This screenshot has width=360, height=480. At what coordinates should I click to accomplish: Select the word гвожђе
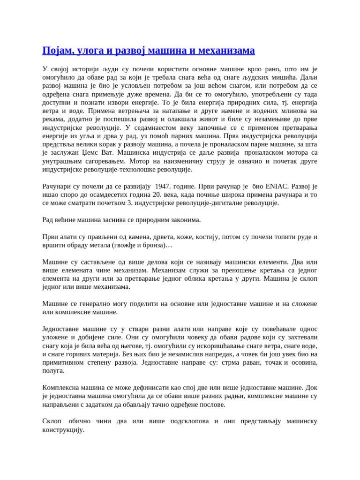coord(127,245)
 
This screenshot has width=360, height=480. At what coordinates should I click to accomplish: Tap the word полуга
coord(53,371)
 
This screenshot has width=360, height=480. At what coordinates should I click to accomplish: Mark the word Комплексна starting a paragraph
coord(62,388)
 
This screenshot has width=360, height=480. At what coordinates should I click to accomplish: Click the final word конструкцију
coord(63,429)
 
